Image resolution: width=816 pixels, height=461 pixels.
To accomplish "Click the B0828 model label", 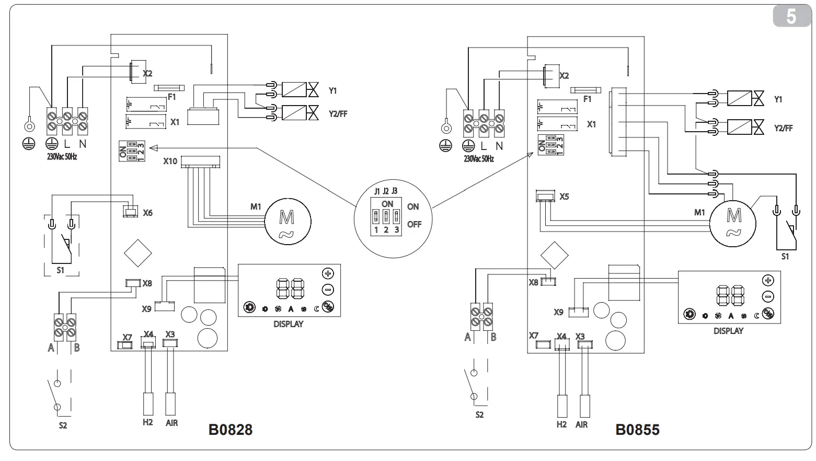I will coord(230,429).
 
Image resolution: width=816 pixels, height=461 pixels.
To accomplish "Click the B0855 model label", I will coord(637,429).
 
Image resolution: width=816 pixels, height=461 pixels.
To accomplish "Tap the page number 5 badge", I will coord(791,17).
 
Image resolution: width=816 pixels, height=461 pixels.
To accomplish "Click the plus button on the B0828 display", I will coord(328,273).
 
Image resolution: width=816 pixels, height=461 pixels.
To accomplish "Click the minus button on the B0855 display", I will coord(768,297).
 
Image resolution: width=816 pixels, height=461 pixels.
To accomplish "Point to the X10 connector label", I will coord(170,161).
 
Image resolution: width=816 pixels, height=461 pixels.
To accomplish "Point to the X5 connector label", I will coord(564,197).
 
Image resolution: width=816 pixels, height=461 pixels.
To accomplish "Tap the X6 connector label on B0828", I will coord(148,213).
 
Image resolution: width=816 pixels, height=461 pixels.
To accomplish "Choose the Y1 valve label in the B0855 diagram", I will coord(778,99).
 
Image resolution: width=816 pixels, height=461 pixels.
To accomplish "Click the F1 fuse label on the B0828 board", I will coord(171,97).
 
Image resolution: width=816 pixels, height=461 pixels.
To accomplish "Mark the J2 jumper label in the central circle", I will coord(386,191).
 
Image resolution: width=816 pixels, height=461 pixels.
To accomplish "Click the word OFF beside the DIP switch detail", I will coord(414,224).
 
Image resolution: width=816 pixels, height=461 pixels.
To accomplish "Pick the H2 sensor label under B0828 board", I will coord(147,422).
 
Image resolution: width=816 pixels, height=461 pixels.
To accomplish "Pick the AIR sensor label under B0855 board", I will coord(581,424).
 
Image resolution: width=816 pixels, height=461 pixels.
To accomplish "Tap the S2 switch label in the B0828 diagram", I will coord(62,425).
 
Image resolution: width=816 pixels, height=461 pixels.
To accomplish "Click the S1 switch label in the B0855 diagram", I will coord(785,257).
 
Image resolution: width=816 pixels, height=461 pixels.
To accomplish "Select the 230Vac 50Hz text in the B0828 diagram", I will coord(62,157).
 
